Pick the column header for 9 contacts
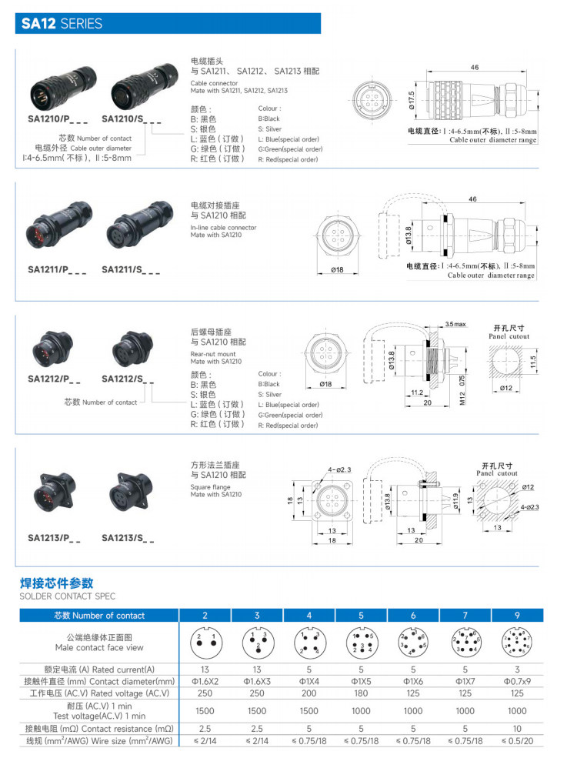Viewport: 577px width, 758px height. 516,615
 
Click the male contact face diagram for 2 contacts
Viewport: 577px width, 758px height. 205,642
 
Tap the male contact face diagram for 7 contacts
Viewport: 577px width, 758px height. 464,642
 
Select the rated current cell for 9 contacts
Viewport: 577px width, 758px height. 516,670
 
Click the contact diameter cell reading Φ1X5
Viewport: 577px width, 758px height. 360,682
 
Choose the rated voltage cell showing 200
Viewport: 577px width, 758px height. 309,693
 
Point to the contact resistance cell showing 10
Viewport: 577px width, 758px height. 516,728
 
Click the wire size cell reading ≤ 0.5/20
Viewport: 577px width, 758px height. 516,740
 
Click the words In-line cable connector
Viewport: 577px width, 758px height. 223,228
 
